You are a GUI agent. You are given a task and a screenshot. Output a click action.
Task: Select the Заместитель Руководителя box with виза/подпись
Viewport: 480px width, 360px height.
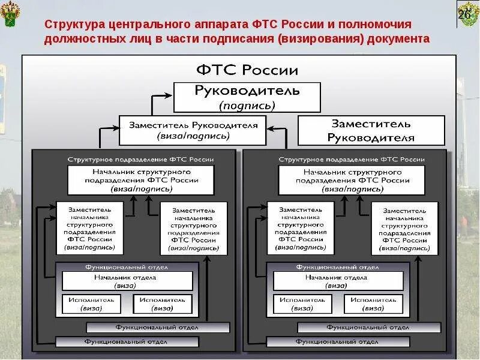(x=193, y=130)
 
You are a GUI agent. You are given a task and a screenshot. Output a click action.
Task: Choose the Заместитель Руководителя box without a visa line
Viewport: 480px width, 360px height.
(x=371, y=130)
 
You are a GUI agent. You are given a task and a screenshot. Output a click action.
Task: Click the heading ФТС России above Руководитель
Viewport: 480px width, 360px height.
(x=247, y=70)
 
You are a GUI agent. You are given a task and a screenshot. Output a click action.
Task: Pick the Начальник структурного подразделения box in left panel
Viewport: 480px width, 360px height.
(x=141, y=180)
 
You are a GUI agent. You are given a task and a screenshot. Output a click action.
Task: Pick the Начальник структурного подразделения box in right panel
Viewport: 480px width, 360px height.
(x=352, y=180)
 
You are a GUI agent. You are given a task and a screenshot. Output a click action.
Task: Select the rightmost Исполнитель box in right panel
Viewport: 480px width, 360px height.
(x=373, y=304)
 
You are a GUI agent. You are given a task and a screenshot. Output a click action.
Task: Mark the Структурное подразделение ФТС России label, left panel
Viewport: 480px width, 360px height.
(x=141, y=160)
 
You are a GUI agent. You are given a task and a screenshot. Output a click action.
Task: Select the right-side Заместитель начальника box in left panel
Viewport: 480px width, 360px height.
(x=194, y=229)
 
